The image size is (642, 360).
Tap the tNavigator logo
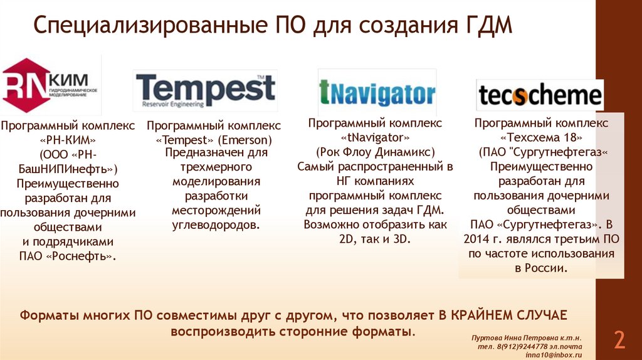(377, 93)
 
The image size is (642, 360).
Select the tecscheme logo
(539, 96)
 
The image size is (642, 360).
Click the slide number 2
(619, 340)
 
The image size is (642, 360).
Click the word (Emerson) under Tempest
(250, 139)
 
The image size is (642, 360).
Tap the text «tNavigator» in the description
(376, 137)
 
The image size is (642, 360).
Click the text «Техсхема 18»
(541, 137)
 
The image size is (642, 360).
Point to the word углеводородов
(216, 224)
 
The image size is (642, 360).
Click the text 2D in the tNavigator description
(347, 238)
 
